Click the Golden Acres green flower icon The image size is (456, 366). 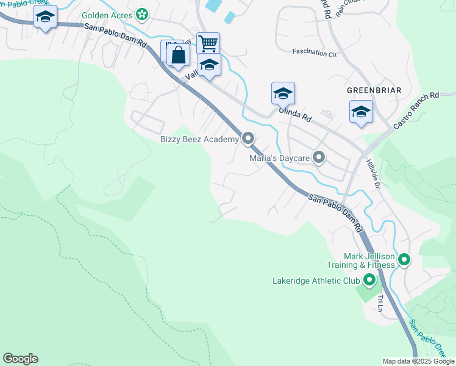(142, 13)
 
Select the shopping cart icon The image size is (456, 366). (208, 43)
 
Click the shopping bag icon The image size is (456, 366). (179, 56)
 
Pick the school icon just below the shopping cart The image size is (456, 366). (209, 65)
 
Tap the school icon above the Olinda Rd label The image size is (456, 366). (283, 94)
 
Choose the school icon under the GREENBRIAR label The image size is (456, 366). (361, 112)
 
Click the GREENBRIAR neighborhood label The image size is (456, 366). (374, 90)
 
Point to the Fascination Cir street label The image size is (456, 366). (315, 54)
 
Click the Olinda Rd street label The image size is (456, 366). (295, 114)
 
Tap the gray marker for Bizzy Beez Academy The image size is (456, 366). (248, 139)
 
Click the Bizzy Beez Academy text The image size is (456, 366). (199, 140)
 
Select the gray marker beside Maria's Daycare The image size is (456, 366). (319, 158)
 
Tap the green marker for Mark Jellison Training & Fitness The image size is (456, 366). (404, 260)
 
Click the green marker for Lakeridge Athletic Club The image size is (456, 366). (369, 281)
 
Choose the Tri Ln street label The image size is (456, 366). (381, 303)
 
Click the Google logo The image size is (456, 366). (20, 359)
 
